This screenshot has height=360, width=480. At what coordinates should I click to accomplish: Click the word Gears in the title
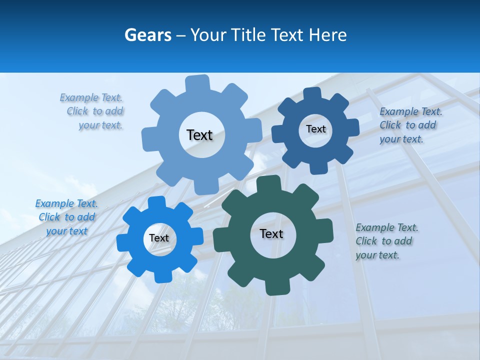tap(147, 35)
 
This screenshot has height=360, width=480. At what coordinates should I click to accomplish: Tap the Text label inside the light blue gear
tap(199, 135)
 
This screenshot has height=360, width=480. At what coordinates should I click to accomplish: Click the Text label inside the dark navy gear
tap(315, 129)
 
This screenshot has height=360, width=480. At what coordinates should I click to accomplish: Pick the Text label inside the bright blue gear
tap(159, 238)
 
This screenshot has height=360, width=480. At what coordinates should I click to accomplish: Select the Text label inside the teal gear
tap(271, 233)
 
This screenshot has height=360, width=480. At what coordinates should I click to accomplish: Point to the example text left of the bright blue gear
tap(66, 217)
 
